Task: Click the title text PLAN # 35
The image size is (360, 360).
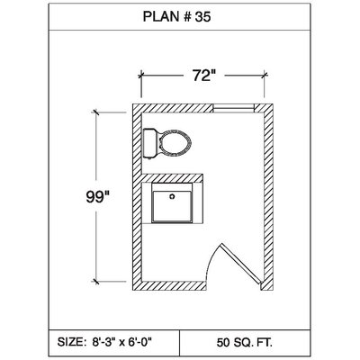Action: tap(176, 17)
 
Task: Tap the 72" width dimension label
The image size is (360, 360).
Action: tap(204, 76)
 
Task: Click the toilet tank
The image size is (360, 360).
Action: tap(149, 143)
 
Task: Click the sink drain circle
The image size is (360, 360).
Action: tap(172, 197)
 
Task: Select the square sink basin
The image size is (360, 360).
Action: tap(172, 207)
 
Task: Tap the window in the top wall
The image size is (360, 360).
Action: tap(233, 108)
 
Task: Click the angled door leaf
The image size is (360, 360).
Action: tap(239, 264)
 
